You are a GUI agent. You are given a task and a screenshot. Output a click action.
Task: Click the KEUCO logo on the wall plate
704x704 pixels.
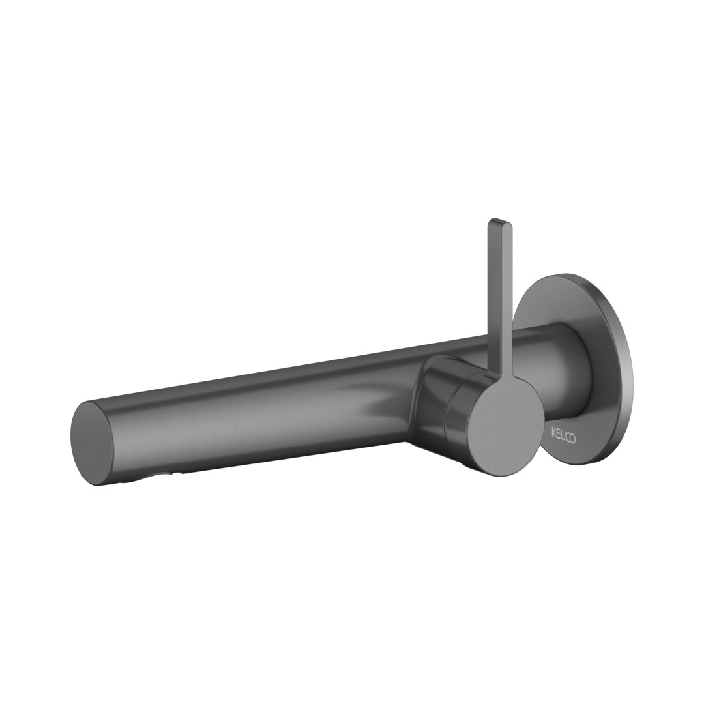tap(563, 436)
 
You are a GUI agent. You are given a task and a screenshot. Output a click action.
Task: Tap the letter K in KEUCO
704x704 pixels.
tap(553, 435)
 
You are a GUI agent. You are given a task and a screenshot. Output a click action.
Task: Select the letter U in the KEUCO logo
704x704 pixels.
tap(563, 436)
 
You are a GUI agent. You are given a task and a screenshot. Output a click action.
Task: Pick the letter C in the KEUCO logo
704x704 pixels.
tap(568, 437)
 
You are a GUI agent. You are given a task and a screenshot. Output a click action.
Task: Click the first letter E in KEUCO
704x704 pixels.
tap(558, 436)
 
